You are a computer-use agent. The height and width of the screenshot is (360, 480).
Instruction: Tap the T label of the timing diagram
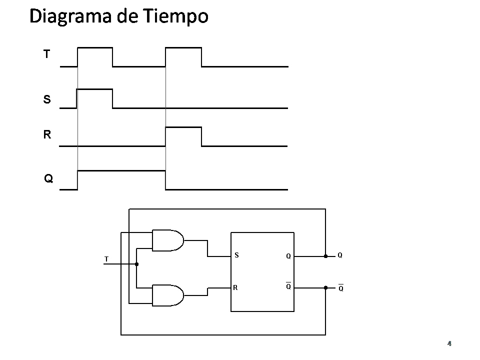[x=46, y=54]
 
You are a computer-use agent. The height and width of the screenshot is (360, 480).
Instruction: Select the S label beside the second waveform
[x=47, y=99]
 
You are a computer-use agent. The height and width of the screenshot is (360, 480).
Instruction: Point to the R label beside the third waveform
[x=47, y=134]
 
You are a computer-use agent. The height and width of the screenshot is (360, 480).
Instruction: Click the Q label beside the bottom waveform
[x=48, y=178]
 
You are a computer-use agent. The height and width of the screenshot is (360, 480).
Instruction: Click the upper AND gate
[x=167, y=240]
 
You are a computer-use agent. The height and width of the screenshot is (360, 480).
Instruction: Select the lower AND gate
[x=167, y=295]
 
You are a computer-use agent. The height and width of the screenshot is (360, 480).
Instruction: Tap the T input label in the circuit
[x=106, y=259]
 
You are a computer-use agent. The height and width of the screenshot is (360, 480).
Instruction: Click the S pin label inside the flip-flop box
[x=237, y=255]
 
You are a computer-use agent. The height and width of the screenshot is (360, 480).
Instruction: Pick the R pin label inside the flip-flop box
[x=234, y=287]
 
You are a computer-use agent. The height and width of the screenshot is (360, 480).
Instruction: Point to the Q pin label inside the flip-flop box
[x=288, y=256]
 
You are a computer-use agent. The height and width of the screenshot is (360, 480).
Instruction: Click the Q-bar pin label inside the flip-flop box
[x=288, y=286]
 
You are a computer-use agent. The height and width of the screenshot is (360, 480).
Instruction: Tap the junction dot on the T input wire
[x=136, y=264]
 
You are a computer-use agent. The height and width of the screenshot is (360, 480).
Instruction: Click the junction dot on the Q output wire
[x=325, y=256]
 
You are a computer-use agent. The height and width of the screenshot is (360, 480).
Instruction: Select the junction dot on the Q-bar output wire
[x=325, y=287]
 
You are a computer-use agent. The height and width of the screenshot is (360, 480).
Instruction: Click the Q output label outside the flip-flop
[x=340, y=255]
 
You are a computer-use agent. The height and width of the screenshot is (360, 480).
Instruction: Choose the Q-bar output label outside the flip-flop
[x=340, y=288]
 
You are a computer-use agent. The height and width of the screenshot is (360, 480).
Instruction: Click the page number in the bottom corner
[x=449, y=343]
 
